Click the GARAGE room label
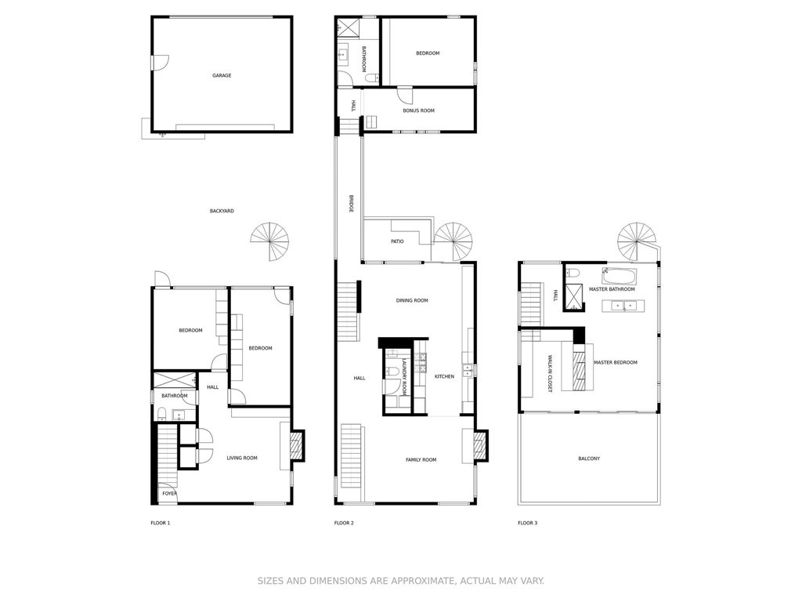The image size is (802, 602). pos(222,76)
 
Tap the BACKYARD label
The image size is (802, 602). pos(222,211)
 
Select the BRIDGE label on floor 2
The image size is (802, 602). pos(351,205)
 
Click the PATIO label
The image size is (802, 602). pos(397,241)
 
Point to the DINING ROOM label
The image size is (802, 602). pos(412,300)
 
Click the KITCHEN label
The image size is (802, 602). pos(444,377)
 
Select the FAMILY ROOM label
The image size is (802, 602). pos(421,459)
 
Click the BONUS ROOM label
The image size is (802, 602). pos(418,111)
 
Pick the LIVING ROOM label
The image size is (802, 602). pos(242,458)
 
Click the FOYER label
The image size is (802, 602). pos(169,494)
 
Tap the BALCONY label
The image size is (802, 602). pos(589,459)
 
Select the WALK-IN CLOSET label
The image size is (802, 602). pos(548,373)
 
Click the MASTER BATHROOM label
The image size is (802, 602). pos(612,289)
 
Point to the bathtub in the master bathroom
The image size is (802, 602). pos(619,276)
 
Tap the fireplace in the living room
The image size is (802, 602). pos(296,447)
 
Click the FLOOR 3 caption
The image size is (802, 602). pos(527,523)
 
